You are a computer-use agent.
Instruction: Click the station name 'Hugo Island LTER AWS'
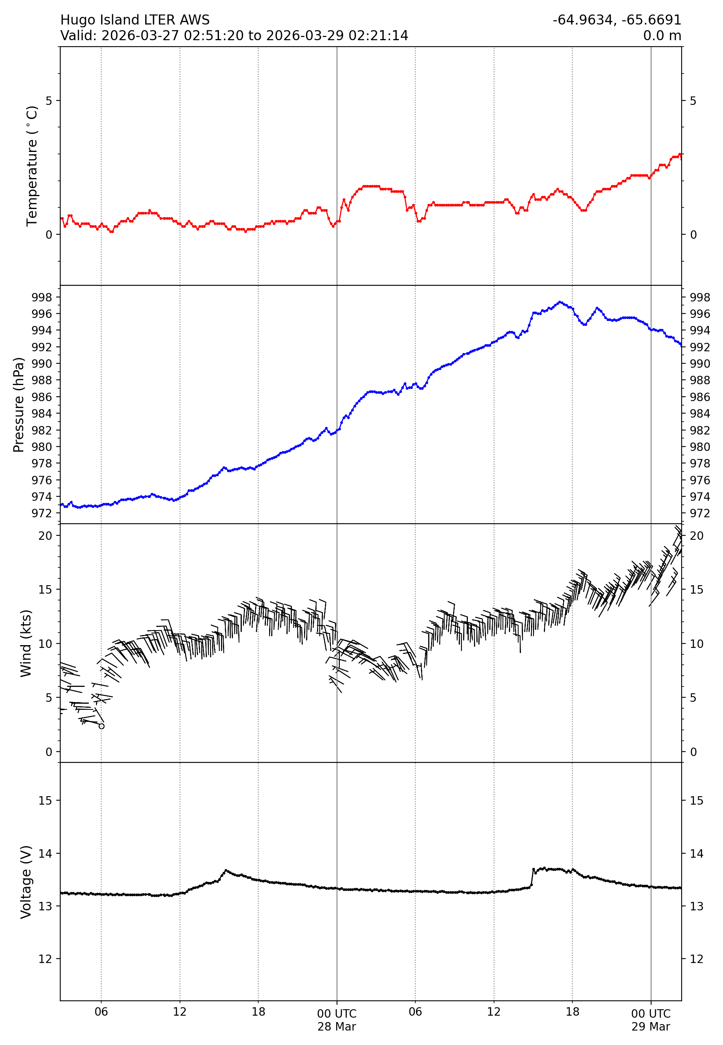(x=135, y=20)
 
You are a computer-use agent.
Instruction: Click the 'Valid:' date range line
(x=234, y=35)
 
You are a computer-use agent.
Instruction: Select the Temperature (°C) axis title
(x=32, y=166)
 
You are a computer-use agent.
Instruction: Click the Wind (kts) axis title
(x=26, y=643)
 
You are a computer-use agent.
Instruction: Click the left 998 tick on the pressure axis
(x=42, y=297)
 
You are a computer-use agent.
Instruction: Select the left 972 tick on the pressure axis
(x=42, y=513)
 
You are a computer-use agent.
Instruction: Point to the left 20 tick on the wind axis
(x=45, y=536)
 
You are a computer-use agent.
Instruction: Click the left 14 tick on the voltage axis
(x=45, y=853)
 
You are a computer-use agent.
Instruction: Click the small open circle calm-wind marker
(x=102, y=726)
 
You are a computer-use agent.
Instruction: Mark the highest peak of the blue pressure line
(x=560, y=302)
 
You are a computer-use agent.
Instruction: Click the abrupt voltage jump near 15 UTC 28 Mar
(x=533, y=877)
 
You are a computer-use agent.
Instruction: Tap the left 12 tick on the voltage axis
(x=45, y=959)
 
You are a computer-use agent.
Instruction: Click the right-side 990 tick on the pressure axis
(x=699, y=363)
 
